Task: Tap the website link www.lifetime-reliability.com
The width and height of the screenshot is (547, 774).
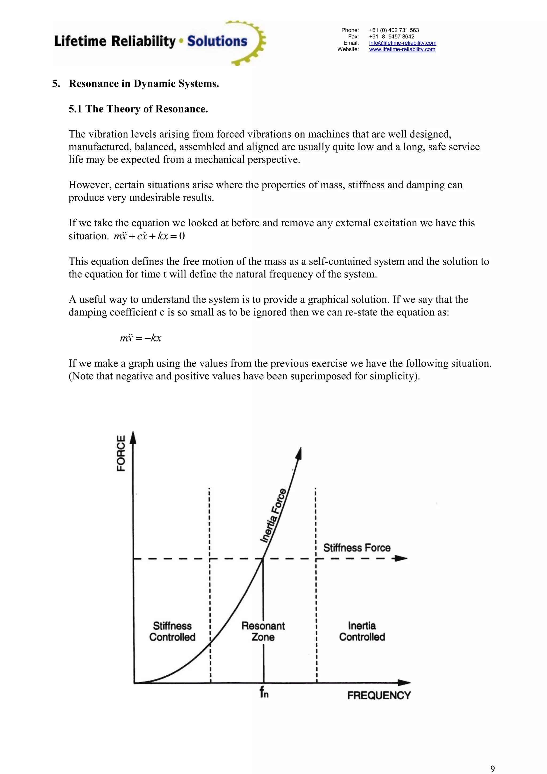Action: click(402, 49)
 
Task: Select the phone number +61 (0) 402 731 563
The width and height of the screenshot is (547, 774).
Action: click(394, 30)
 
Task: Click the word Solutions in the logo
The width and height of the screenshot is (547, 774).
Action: click(217, 41)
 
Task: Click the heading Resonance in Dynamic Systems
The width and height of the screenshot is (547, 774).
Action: click(144, 84)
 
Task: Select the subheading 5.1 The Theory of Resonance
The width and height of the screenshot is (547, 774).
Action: click(138, 109)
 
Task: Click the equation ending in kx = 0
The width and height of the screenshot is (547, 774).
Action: click(149, 236)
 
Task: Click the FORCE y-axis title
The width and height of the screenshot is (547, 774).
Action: click(121, 453)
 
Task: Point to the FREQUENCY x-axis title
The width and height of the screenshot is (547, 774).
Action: click(379, 695)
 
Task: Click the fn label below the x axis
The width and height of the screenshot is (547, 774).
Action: click(264, 693)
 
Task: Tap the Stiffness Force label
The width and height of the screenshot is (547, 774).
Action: click(357, 547)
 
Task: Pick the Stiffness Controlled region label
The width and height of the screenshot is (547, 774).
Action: click(172, 631)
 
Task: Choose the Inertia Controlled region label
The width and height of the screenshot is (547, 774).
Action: click(362, 631)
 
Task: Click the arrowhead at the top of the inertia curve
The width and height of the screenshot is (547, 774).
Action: click(299, 453)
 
